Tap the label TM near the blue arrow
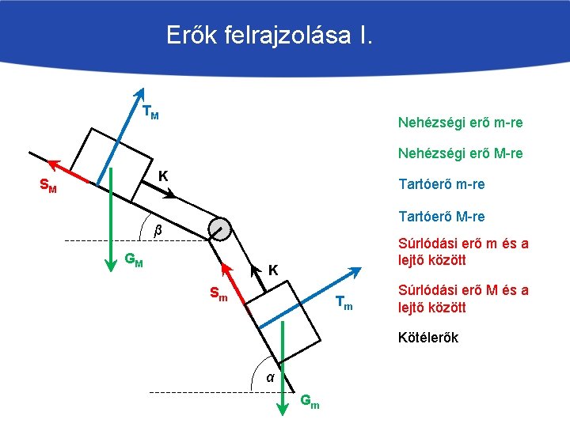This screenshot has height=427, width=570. [x=150, y=112]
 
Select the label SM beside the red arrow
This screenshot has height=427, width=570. [x=47, y=187]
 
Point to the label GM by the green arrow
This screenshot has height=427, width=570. [x=134, y=259]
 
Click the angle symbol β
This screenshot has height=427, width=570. [x=157, y=230]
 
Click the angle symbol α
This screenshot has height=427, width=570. [x=270, y=377]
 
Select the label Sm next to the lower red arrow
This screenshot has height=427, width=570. [x=218, y=295]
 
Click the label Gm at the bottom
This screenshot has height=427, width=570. [x=310, y=402]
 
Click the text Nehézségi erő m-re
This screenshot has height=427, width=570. [x=460, y=123]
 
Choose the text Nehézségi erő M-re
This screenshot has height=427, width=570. [x=460, y=153]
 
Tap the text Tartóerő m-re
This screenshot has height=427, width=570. [x=442, y=184]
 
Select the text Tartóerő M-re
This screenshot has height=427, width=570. [x=442, y=216]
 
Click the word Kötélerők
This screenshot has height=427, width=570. [x=428, y=338]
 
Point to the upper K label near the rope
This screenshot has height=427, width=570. [x=162, y=175]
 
